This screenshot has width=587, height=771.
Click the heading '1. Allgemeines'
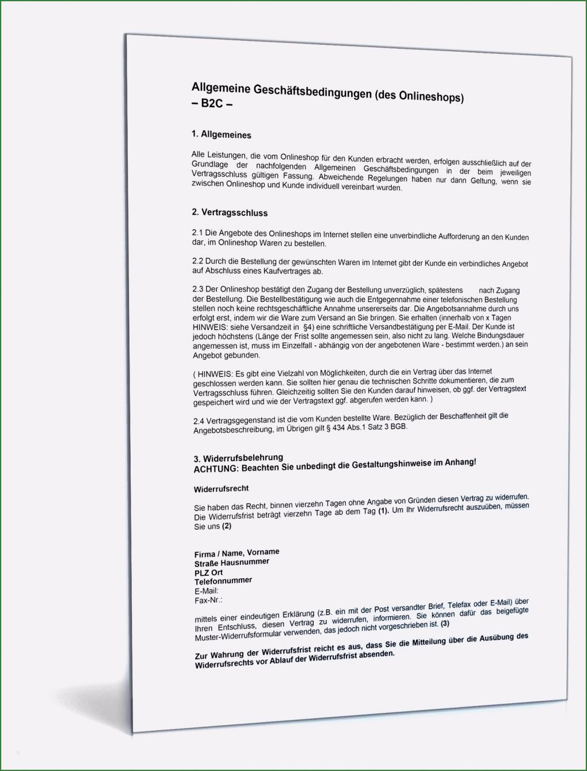click(x=222, y=135)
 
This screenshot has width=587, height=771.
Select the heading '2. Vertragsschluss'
click(x=230, y=212)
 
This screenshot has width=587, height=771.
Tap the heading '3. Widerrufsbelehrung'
click(x=238, y=458)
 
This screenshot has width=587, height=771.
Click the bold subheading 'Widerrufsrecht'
click(x=222, y=489)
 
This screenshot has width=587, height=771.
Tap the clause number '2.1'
click(x=197, y=233)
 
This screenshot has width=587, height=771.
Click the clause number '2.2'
click(x=197, y=261)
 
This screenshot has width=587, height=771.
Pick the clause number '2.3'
click(x=198, y=289)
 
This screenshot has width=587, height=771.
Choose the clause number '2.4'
click(x=199, y=421)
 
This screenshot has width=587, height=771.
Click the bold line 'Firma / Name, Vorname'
click(x=237, y=553)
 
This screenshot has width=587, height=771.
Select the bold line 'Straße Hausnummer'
click(x=231, y=563)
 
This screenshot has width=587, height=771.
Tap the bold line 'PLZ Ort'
click(x=208, y=572)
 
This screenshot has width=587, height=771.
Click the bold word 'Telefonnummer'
click(x=223, y=581)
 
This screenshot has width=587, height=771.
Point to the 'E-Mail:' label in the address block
click(x=207, y=591)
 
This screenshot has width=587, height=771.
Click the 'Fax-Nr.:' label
click(x=208, y=601)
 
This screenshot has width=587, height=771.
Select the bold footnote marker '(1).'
click(x=383, y=511)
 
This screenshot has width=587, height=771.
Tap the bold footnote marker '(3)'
click(x=445, y=624)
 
